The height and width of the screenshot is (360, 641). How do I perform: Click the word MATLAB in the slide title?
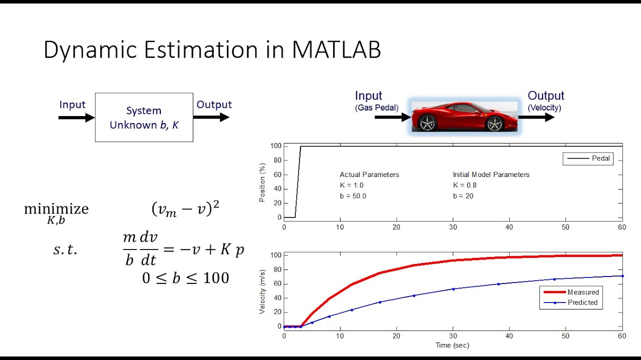pyautogui.click(x=337, y=50)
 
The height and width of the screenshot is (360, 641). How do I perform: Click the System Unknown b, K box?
pyautogui.click(x=144, y=117)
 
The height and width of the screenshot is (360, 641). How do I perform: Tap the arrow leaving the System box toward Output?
pyautogui.click(x=211, y=117)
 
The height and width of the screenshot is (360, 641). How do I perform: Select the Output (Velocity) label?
pyautogui.click(x=545, y=100)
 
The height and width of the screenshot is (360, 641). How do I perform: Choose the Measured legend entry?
pyautogui.click(x=571, y=292)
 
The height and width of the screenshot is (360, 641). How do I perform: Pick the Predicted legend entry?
pyautogui.click(x=571, y=302)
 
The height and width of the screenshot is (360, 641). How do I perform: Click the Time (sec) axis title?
pyautogui.click(x=452, y=345)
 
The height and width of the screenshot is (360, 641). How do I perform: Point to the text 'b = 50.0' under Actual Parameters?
pyautogui.click(x=353, y=196)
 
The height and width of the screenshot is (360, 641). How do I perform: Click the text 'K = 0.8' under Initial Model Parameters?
pyautogui.click(x=465, y=185)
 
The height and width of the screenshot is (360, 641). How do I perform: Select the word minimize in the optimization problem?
pyautogui.click(x=56, y=209)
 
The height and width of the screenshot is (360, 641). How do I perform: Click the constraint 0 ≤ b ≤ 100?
pyautogui.click(x=185, y=278)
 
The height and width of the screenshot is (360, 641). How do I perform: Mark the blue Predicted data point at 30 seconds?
pyautogui.click(x=453, y=289)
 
